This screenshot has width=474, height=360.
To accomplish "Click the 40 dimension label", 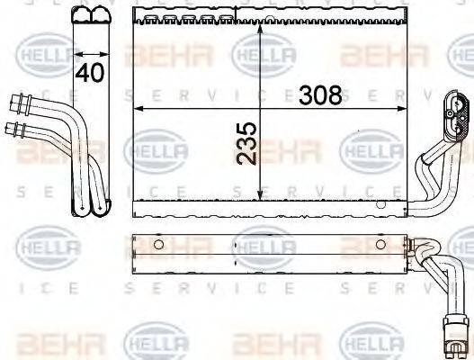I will point(89,73).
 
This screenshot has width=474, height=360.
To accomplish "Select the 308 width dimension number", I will point(320,94).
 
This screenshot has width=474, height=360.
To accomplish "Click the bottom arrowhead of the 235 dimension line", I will point(260,196).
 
